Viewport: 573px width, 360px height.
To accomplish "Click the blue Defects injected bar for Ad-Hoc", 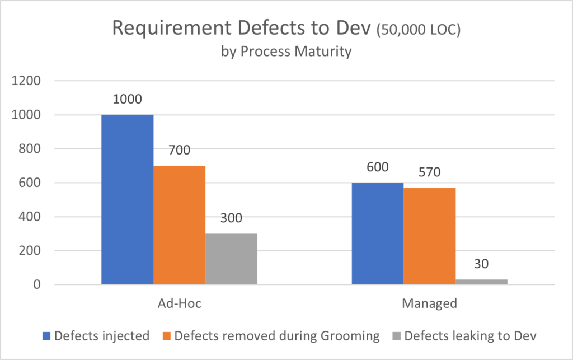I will click(x=127, y=200).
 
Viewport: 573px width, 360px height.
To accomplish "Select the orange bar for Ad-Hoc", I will click(x=179, y=225).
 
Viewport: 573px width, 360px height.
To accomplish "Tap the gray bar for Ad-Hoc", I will click(x=231, y=259).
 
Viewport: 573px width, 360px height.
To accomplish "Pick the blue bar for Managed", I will click(x=378, y=234).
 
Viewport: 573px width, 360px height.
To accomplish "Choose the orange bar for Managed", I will click(x=430, y=236).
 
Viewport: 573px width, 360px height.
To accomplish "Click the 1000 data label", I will click(x=127, y=100).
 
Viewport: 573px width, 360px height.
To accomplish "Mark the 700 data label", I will click(x=179, y=151).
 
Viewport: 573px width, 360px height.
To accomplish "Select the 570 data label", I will click(x=430, y=172).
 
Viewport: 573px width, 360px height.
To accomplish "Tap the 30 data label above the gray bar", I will click(x=482, y=264).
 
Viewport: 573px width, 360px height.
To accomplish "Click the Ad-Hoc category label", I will click(x=179, y=304).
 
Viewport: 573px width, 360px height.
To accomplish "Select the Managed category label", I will click(x=430, y=304).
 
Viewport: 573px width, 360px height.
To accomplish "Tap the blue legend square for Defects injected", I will click(x=48, y=336).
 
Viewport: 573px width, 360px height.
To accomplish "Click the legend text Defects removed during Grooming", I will click(x=277, y=336).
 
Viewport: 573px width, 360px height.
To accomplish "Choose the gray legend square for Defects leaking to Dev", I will click(x=396, y=336).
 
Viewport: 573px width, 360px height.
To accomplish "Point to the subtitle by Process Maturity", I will click(x=286, y=52).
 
